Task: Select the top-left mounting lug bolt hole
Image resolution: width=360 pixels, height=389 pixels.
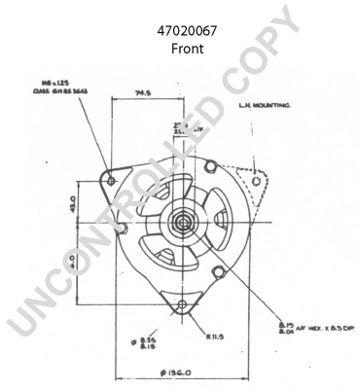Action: [110, 181]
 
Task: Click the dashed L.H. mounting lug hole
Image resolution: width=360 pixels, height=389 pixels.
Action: [255, 180]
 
